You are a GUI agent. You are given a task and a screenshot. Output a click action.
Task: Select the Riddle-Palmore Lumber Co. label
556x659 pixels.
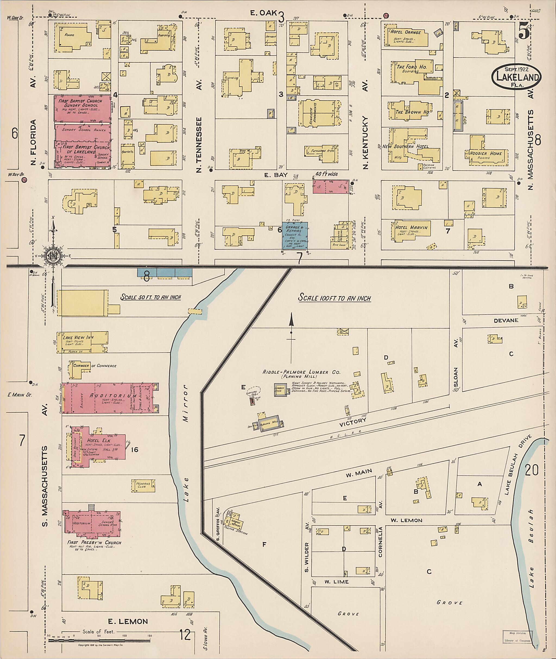click(302, 372)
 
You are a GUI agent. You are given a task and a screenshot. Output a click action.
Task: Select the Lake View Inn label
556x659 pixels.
click(79, 338)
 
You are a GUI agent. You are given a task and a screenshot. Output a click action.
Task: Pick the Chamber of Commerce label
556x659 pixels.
click(94, 366)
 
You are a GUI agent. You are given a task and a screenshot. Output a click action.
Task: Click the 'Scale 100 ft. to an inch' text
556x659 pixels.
click(334, 298)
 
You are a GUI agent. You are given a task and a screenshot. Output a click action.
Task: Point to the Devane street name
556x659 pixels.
click(506, 320)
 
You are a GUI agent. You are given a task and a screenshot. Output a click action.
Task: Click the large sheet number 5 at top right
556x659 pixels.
click(523, 32)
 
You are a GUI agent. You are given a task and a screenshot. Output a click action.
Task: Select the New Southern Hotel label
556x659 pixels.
click(405, 147)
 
